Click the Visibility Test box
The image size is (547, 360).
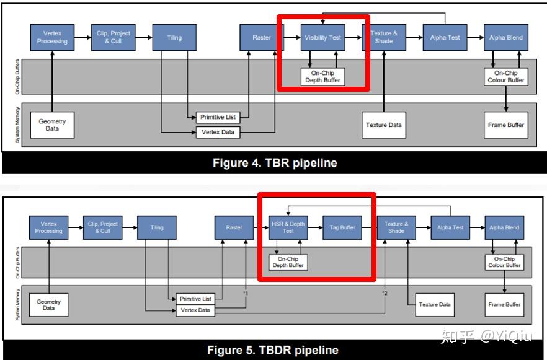point(322,38)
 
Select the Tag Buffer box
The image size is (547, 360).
point(342,227)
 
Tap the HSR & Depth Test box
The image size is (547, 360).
point(288,227)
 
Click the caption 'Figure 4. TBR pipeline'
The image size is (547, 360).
point(275,164)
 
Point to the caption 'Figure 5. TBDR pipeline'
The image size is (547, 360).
point(273,350)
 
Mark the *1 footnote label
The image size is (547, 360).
point(246,292)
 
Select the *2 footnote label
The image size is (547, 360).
point(385,292)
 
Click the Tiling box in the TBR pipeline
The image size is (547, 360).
point(174,38)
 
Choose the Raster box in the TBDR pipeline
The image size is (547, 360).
point(234,227)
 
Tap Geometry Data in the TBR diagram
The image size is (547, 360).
point(52,125)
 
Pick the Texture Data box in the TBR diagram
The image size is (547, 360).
point(384,125)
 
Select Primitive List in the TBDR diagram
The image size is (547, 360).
point(195,299)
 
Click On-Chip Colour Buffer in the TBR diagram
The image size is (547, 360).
point(507,76)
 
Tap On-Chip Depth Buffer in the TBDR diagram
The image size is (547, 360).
point(288,262)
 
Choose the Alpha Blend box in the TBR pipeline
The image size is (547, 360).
point(506,38)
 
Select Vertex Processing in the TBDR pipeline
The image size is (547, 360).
point(52,227)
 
